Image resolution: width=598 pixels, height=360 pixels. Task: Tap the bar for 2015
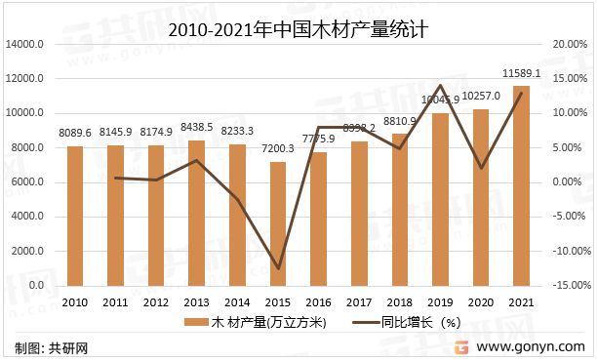tap(278, 222)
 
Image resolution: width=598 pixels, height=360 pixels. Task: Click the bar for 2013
tap(197, 213)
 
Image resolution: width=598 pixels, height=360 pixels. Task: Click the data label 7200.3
tap(278, 149)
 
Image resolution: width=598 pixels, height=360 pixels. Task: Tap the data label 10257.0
tap(481, 96)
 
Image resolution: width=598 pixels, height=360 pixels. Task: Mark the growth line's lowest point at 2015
tap(278, 268)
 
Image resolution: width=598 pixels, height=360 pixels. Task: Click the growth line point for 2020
tap(482, 168)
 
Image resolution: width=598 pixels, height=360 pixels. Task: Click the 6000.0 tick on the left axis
tap(28, 182)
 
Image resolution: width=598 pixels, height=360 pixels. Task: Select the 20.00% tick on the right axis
tap(568, 45)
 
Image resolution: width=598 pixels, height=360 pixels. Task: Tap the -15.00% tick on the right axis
tap(566, 286)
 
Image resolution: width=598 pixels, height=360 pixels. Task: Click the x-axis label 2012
tap(156, 302)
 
